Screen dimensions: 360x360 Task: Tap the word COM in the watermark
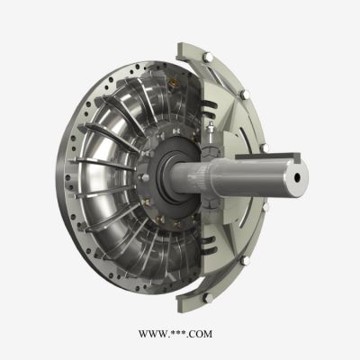pyautogui.click(x=200, y=335)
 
